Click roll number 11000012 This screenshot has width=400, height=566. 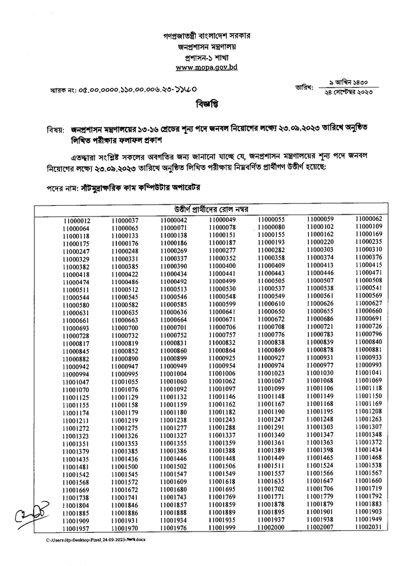(76, 221)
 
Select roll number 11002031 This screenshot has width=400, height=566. (367, 527)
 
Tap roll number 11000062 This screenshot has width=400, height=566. (367, 219)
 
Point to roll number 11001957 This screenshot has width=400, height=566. (76, 528)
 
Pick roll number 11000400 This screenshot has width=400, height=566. (222, 266)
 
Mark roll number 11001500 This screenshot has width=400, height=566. (125, 467)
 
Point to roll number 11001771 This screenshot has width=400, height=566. (271, 497)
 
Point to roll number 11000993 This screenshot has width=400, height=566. (367, 365)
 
